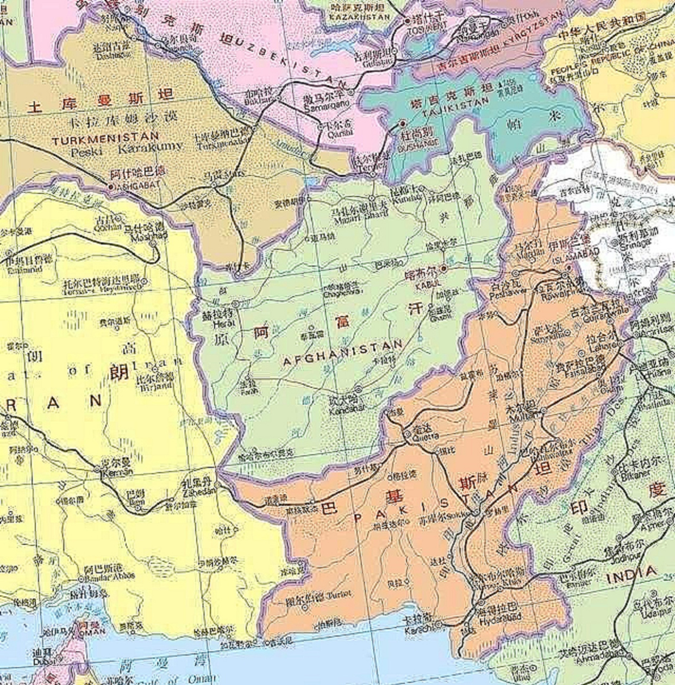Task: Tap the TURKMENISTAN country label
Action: tap(105, 139)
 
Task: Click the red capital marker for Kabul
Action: tap(443, 268)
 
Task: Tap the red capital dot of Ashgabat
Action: tap(111, 186)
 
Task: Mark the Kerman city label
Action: tap(116, 473)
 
